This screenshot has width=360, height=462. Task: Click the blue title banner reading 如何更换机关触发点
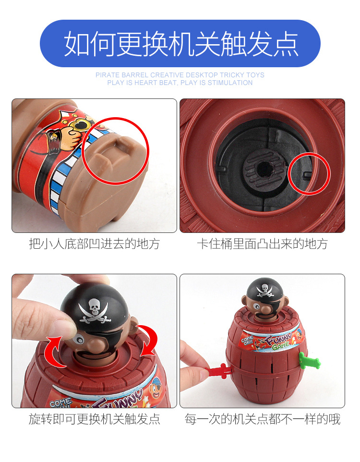pos(180,44)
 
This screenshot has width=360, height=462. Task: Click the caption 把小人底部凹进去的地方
pos(94,243)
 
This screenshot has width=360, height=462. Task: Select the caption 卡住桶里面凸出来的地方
pos(262,243)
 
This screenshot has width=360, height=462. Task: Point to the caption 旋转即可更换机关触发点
pos(94,419)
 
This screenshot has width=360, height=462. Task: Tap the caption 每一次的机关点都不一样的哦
pos(262,419)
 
